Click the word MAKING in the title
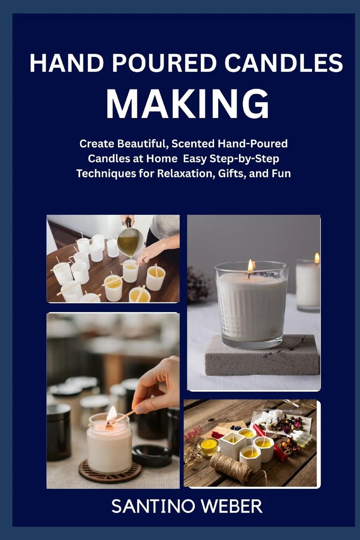click(x=187, y=104)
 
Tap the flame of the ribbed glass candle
click(x=250, y=265)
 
